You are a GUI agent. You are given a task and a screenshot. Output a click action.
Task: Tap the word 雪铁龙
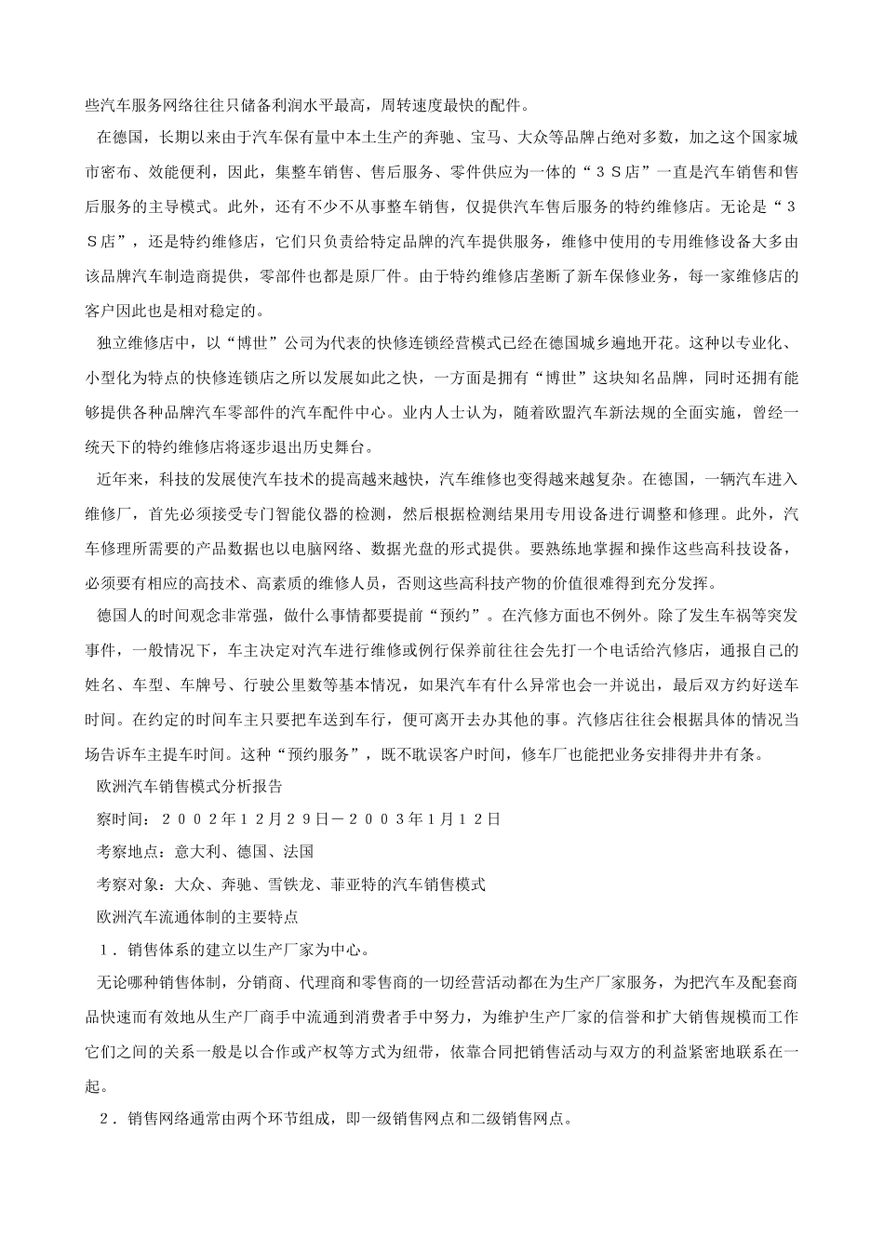click(x=295, y=884)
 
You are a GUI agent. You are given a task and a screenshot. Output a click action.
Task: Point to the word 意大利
click(x=195, y=851)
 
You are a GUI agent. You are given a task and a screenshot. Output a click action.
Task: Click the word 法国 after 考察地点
click(x=299, y=851)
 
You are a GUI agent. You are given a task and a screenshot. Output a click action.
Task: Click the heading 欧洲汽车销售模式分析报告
click(x=190, y=786)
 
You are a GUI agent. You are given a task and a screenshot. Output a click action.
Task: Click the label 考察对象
click(x=127, y=884)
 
